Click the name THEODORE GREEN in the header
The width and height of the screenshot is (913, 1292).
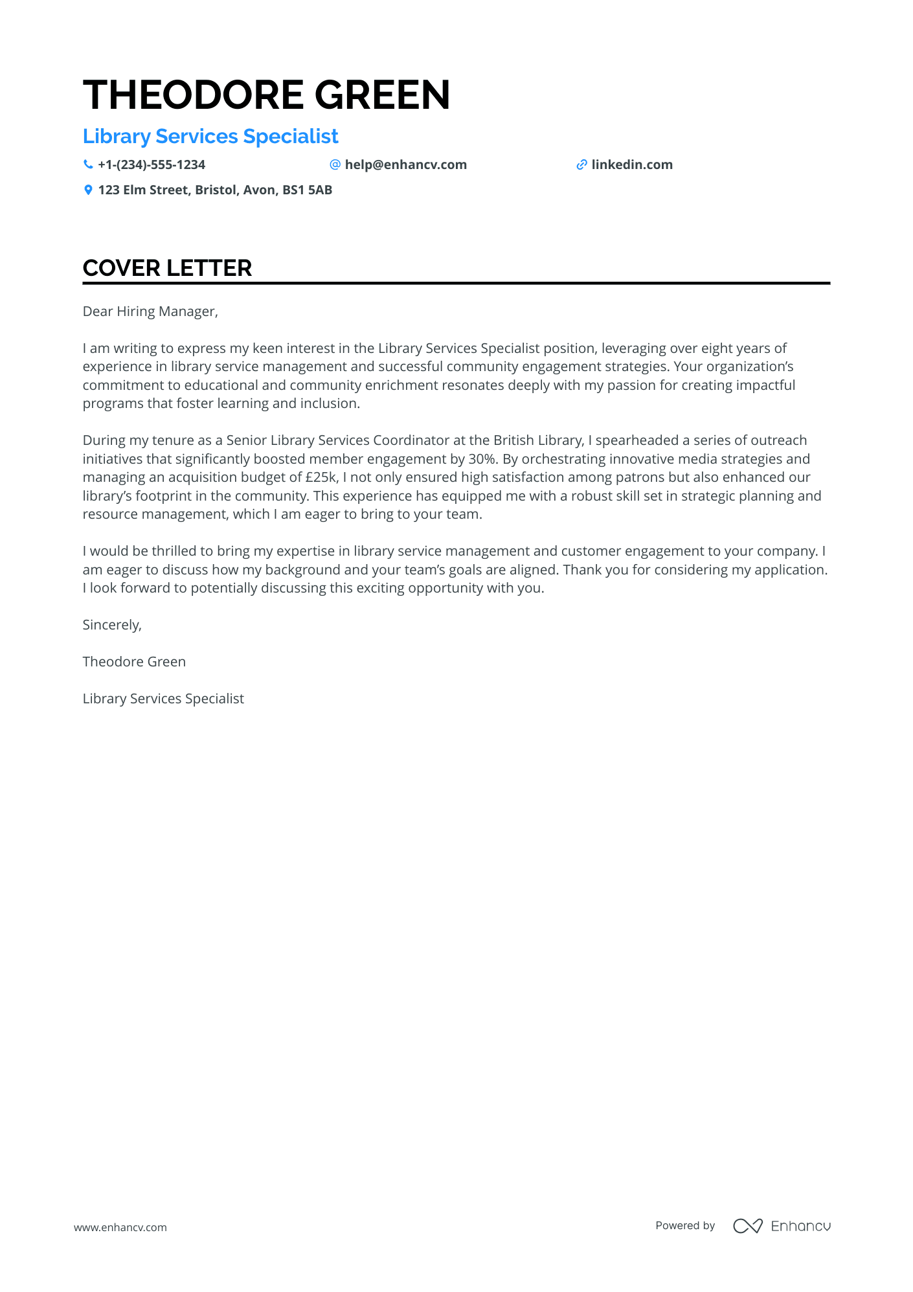266,95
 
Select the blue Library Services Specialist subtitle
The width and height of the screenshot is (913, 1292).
210,137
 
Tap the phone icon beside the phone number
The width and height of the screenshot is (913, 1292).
88,164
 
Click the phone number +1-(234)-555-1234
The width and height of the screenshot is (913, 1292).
152,164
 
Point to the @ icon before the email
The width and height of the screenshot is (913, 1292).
335,164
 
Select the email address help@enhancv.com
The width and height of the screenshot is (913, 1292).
405,164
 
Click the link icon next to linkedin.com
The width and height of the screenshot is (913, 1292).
581,164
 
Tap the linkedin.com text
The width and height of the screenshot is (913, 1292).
632,164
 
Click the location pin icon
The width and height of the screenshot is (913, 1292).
88,190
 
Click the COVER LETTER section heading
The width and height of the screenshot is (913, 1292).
167,268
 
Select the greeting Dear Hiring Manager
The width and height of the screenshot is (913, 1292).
150,312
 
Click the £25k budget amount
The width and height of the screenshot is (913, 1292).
321,477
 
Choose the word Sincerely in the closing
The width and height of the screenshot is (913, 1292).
111,625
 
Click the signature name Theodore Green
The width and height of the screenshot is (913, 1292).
134,662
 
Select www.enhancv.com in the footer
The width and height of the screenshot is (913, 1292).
120,1227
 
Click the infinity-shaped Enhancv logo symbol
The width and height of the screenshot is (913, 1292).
747,1226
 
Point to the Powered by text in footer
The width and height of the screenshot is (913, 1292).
685,1225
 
